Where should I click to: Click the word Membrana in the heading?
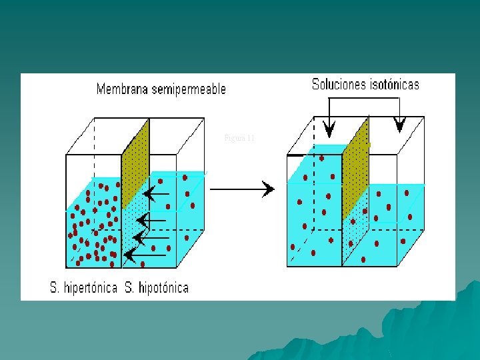pyautogui.click(x=121, y=89)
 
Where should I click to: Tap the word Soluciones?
pyautogui.click(x=339, y=85)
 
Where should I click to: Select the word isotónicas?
pyautogui.click(x=394, y=85)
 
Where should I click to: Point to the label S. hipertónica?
pyautogui.click(x=84, y=288)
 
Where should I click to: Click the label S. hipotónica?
pyautogui.click(x=157, y=288)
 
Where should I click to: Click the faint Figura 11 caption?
pyautogui.click(x=239, y=138)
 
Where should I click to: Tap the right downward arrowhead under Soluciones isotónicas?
pyautogui.click(x=399, y=125)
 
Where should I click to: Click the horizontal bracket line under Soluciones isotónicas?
pyautogui.click(x=363, y=98)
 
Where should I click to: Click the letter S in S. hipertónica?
pyautogui.click(x=54, y=288)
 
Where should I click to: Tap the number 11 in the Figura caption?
pyautogui.click(x=250, y=138)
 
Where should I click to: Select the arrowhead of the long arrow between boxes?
pyautogui.click(x=269, y=189)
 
